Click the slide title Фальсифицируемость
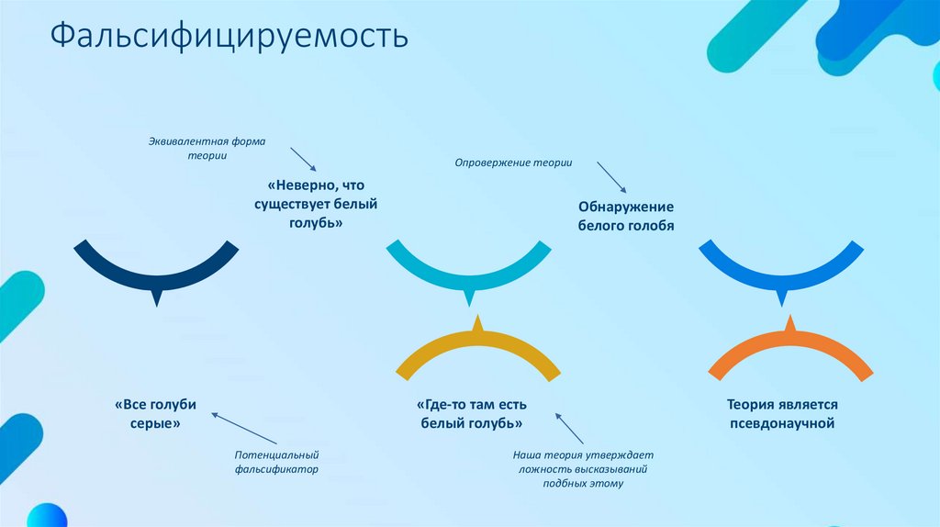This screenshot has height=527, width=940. click(229, 37)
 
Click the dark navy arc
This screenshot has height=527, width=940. click(156, 275)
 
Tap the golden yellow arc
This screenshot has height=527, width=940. click(477, 344)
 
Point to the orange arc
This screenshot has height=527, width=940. click(789, 345)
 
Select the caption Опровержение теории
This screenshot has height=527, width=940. click(514, 163)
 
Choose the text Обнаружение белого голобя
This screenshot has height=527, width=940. click(626, 216)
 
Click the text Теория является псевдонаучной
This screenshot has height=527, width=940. click(781, 414)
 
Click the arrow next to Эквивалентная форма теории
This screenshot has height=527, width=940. click(303, 159)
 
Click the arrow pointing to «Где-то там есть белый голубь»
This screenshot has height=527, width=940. click(569, 428)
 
